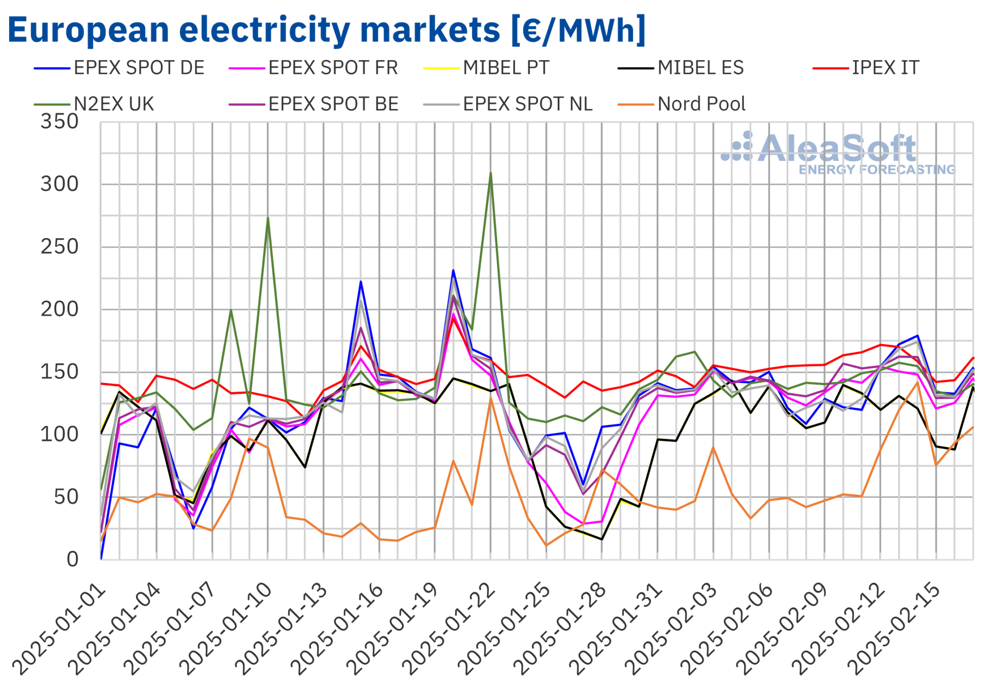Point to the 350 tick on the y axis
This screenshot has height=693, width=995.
pyautogui.click(x=59, y=122)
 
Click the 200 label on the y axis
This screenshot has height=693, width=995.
pyautogui.click(x=59, y=310)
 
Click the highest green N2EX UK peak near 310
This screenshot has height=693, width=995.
pyautogui.click(x=491, y=173)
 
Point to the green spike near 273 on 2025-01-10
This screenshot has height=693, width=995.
pyautogui.click(x=268, y=218)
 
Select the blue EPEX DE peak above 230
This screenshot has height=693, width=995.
pyautogui.click(x=453, y=271)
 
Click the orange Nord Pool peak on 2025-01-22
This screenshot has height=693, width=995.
pyautogui.click(x=491, y=398)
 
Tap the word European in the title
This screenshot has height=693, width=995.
pyautogui.click(x=88, y=30)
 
